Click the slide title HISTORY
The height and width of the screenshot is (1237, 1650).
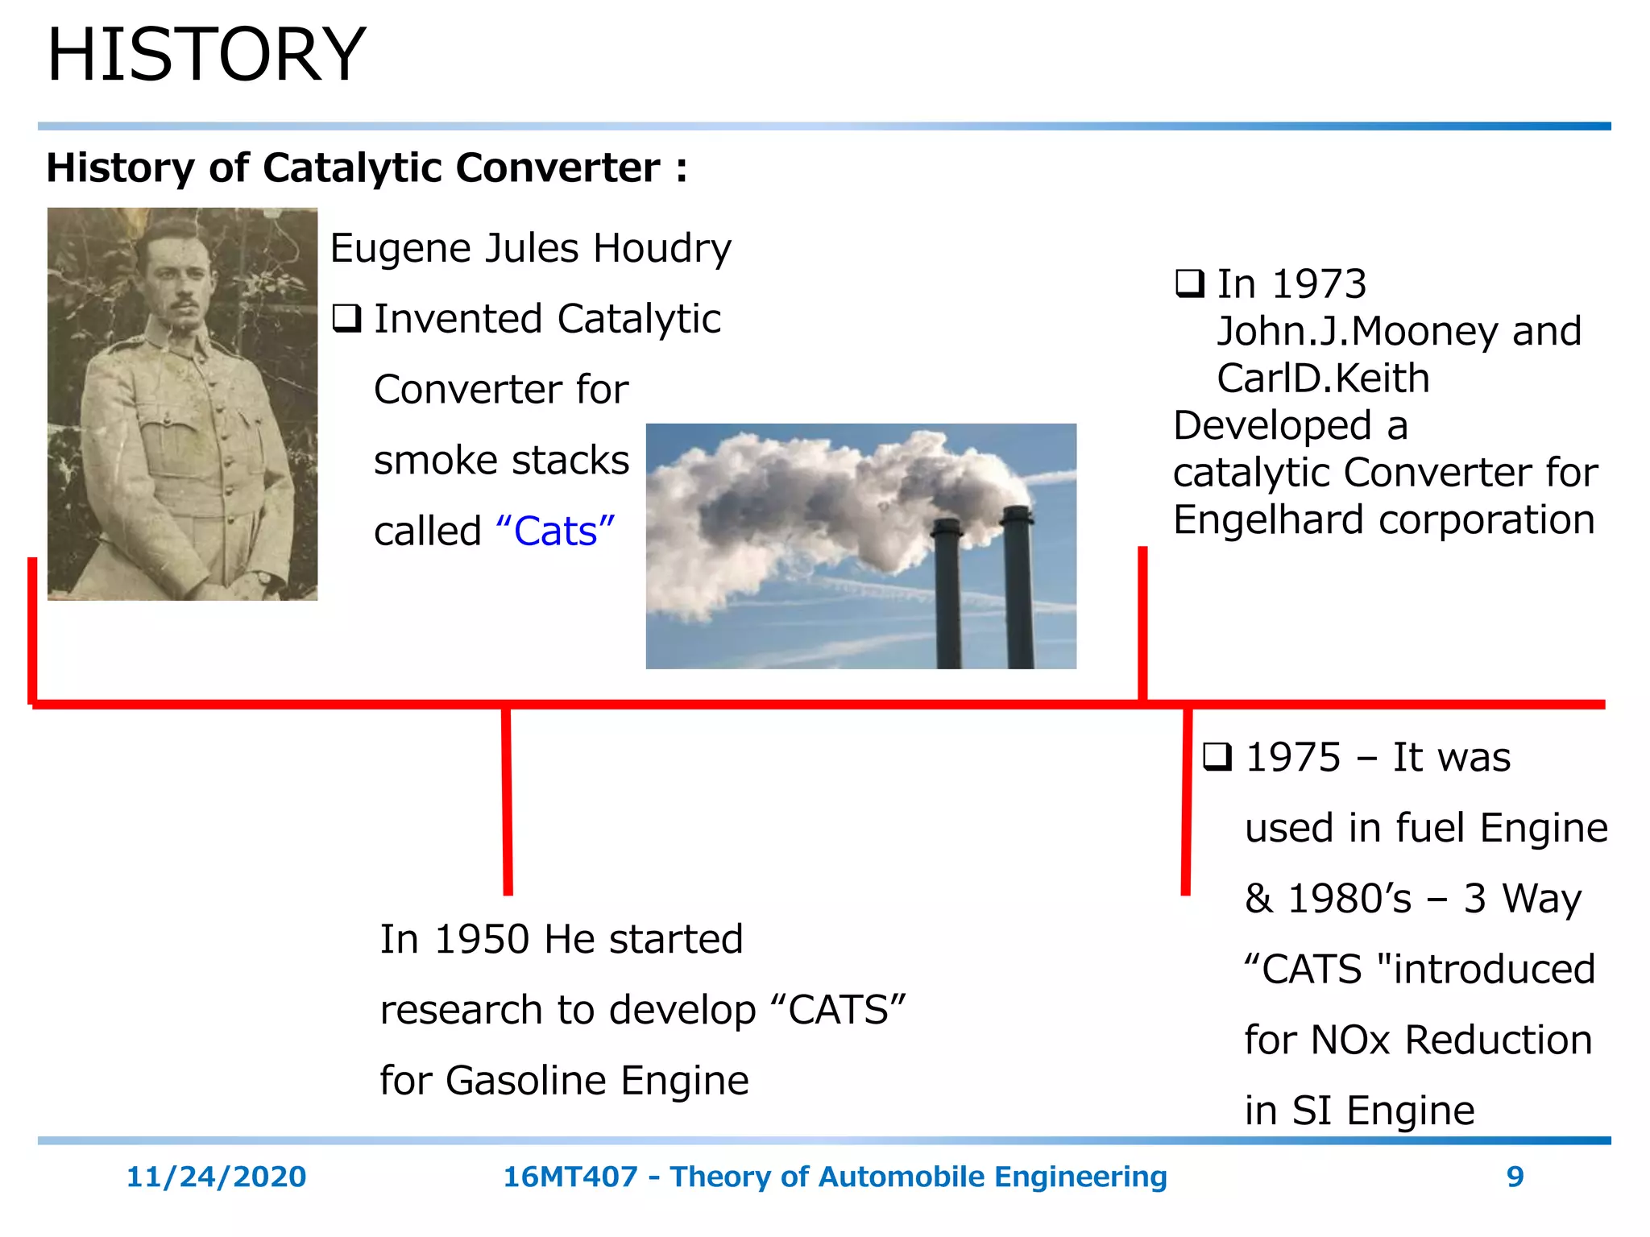(206, 55)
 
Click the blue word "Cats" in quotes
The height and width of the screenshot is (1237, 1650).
(556, 532)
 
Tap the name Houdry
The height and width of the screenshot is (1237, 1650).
(662, 248)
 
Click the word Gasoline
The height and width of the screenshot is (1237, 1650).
(527, 1081)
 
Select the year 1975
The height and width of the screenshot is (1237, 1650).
(1292, 758)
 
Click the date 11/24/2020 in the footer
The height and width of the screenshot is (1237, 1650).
(216, 1177)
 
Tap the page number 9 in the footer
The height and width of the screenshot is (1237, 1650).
(1515, 1177)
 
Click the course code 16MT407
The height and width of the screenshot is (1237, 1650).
(570, 1177)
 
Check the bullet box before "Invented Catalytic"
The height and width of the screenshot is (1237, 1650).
(346, 319)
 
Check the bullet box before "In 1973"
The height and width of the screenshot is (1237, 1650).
(1189, 284)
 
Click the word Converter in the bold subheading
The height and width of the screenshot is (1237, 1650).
(558, 168)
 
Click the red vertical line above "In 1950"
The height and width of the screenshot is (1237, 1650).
(507, 801)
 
